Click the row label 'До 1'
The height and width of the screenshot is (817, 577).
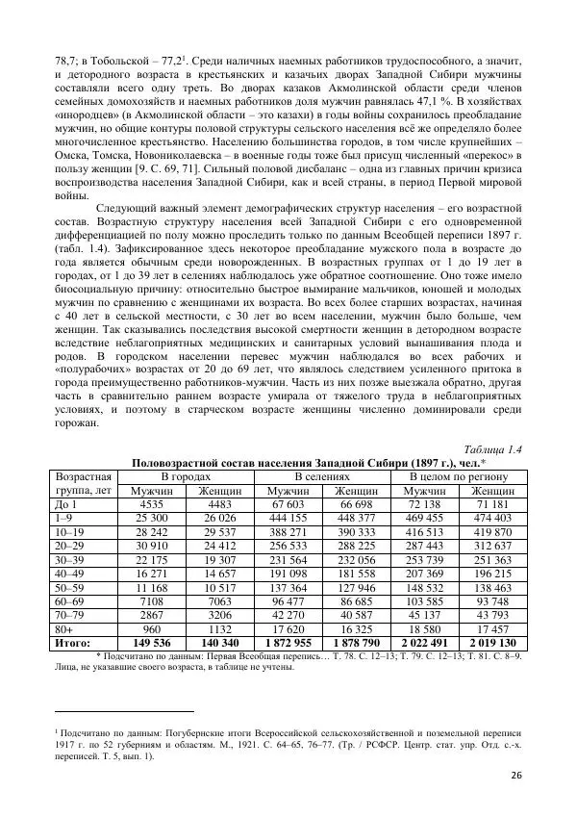pos(67,503)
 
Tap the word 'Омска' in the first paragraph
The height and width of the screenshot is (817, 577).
pos(73,154)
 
